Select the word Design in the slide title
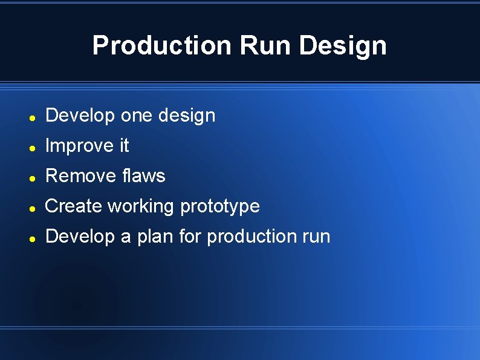coord(343,45)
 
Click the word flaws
coord(143,176)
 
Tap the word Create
coord(74,206)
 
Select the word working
coord(140,206)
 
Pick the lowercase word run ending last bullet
coord(315,237)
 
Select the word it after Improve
coord(123,146)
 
